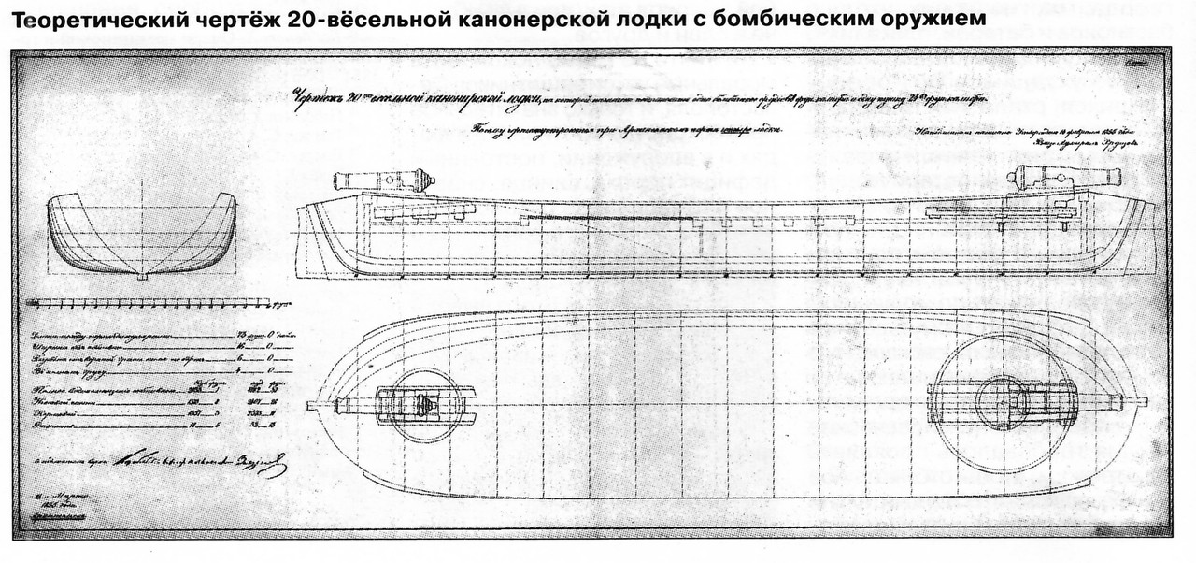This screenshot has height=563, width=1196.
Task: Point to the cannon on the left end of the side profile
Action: pos(383,180)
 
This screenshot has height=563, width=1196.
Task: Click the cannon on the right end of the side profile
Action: pos(1065,176)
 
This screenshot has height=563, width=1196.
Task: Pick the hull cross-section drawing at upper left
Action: pos(141,234)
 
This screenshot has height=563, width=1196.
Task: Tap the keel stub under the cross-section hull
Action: pos(141,277)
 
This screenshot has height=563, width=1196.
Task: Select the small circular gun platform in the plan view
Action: pos(423,405)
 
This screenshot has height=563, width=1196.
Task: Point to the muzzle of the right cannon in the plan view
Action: pos(1142,402)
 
